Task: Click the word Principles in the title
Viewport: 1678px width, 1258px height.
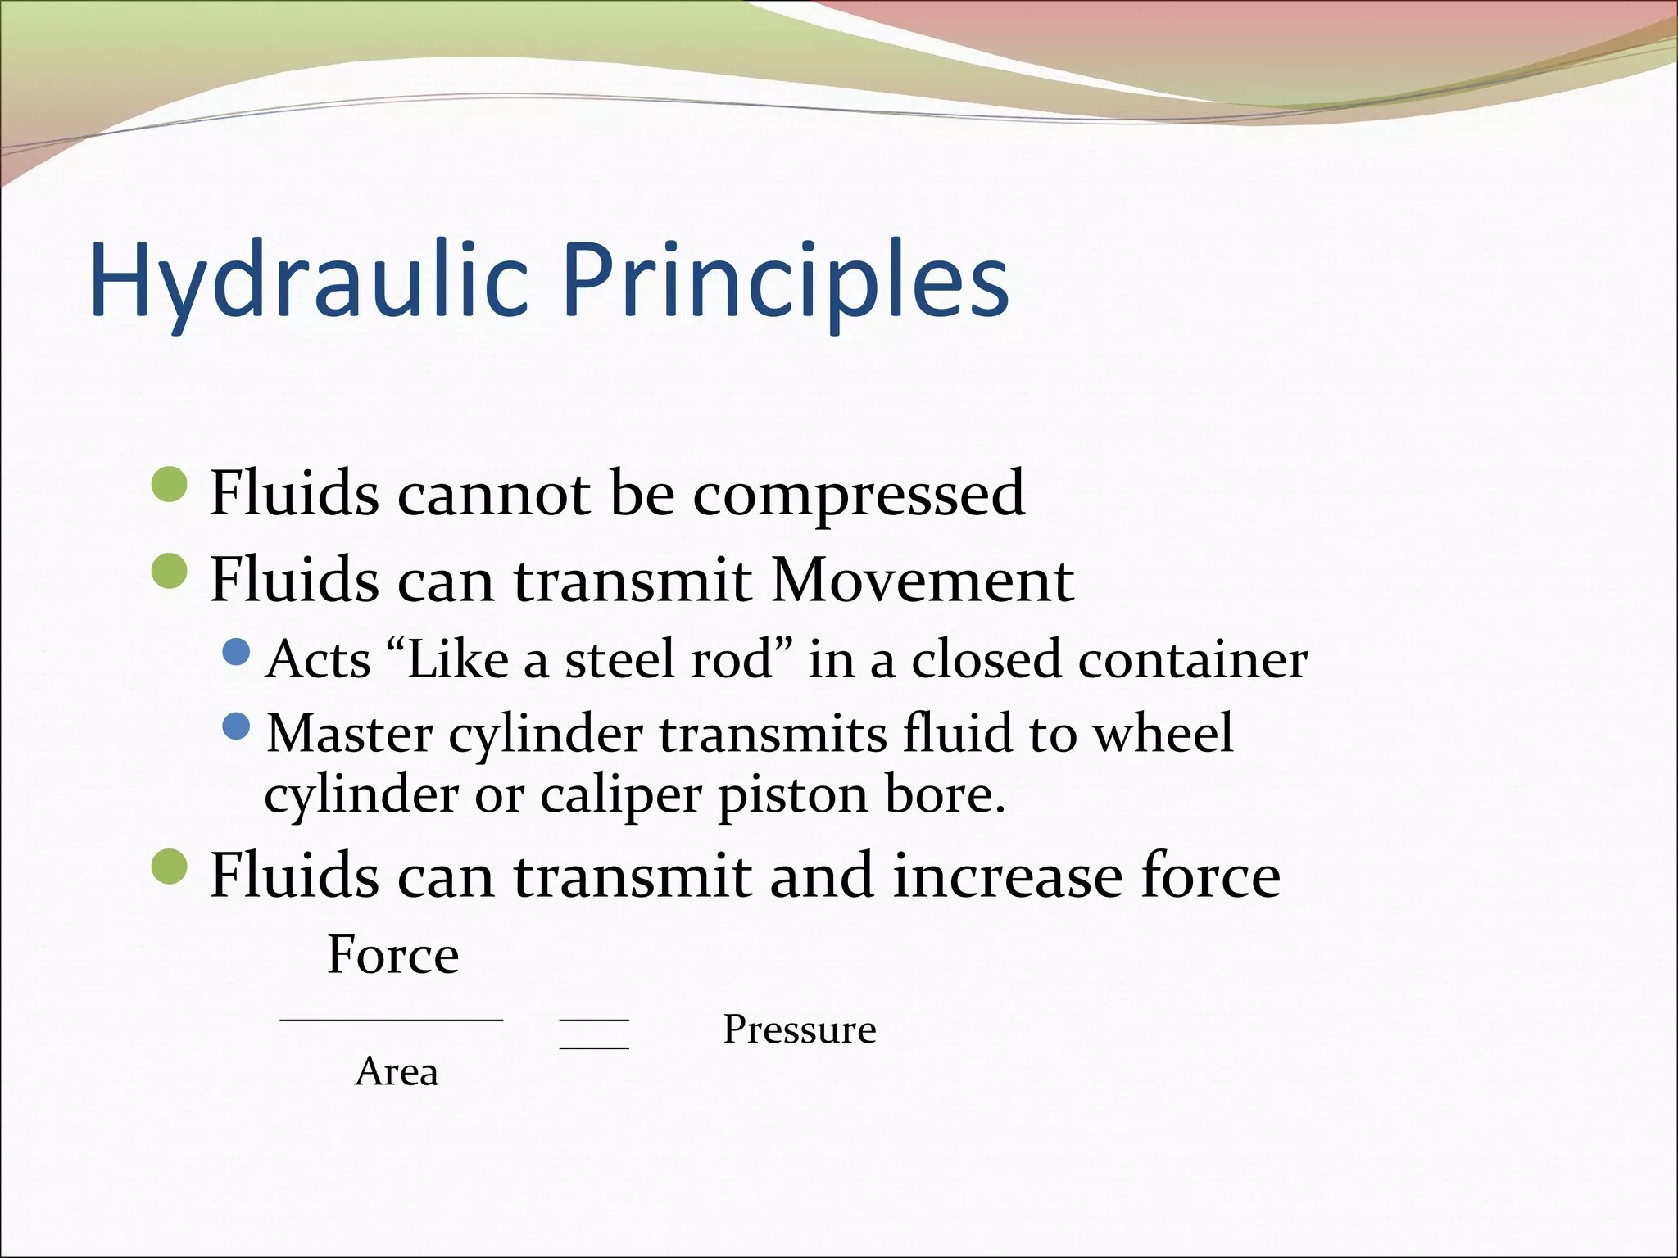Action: click(x=785, y=280)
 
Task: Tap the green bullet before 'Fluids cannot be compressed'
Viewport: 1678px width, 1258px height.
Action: click(x=170, y=484)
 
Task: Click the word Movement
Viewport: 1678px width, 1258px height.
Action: click(x=922, y=580)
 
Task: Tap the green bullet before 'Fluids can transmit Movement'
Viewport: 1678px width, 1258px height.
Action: click(x=170, y=571)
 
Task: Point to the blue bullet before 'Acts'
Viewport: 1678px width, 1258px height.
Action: click(x=236, y=653)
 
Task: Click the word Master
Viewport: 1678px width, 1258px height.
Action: click(x=350, y=733)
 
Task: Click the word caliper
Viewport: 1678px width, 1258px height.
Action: click(x=620, y=795)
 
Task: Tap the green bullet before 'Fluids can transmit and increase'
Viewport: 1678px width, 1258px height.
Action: click(x=170, y=867)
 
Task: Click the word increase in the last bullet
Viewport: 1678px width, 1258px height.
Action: click(x=1007, y=876)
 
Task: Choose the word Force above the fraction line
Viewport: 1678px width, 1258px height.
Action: click(x=392, y=955)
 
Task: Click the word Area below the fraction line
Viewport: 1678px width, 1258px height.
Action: click(x=397, y=1071)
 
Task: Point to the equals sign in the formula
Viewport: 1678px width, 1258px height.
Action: click(x=594, y=1034)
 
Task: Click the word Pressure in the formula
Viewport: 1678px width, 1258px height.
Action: click(x=799, y=1029)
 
